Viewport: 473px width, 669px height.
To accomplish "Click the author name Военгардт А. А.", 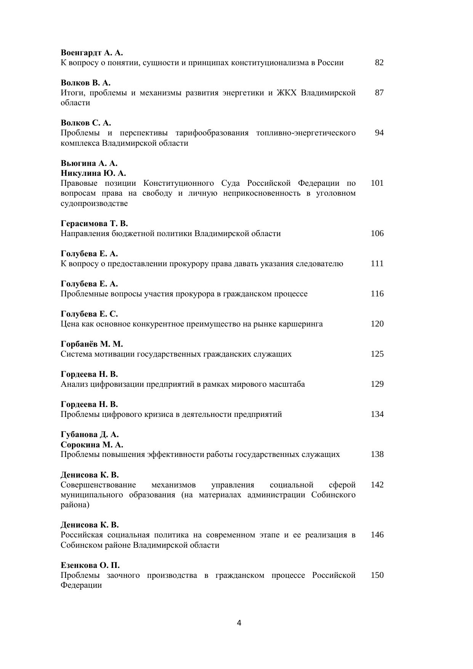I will (91, 53).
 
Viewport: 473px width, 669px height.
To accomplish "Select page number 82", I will (379, 63).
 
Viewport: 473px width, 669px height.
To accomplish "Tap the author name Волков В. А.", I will (85, 83).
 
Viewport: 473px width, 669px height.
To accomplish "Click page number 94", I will (379, 133).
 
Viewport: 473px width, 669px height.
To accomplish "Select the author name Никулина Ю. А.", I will (93, 173).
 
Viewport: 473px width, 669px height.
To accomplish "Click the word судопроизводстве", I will (94, 203).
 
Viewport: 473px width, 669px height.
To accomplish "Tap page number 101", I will (377, 183).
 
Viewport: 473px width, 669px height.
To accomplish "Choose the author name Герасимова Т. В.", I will (94, 224).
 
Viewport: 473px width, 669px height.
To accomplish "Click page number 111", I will (377, 264).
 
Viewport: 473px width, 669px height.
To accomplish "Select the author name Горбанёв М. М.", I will (91, 344).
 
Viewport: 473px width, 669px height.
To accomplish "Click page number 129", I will (377, 384).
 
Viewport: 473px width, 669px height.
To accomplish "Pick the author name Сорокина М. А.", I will (92, 445).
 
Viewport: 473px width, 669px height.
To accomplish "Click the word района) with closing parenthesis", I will (75, 505).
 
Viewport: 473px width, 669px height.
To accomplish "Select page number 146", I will (377, 535).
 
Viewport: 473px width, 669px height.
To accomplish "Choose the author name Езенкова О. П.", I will (90, 565).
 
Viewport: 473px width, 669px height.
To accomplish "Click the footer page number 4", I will (239, 623).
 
